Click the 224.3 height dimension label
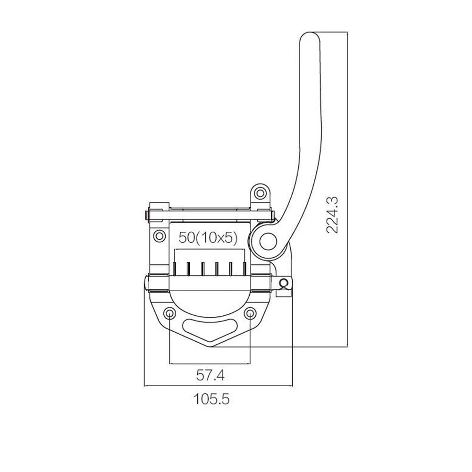[332, 215]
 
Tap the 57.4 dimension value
[210, 375]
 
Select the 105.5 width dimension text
[211, 399]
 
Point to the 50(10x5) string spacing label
[208, 237]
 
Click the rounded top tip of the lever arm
[310, 34]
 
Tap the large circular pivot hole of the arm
[268, 242]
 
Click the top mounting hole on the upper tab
[260, 193]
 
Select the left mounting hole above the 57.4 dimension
[170, 313]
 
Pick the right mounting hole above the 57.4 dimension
[250, 313]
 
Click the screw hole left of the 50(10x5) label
[159, 236]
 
